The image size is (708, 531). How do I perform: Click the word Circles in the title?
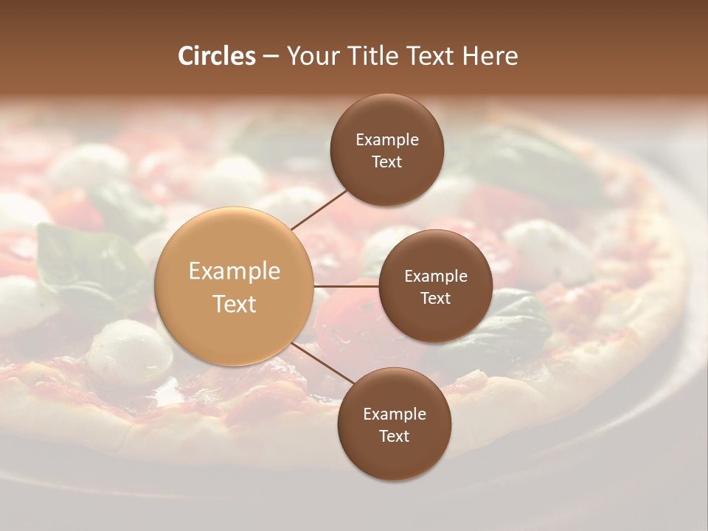(217, 56)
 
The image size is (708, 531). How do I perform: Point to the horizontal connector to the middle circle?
(347, 286)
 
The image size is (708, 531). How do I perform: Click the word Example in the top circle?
(387, 140)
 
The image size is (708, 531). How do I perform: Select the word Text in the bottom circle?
(394, 436)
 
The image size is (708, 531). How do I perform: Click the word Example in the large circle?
(235, 271)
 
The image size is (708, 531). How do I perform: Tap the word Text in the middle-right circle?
(435, 298)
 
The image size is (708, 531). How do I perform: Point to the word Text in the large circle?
(235, 304)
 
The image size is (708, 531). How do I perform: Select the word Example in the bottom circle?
(395, 414)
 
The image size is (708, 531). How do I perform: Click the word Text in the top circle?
(386, 162)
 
